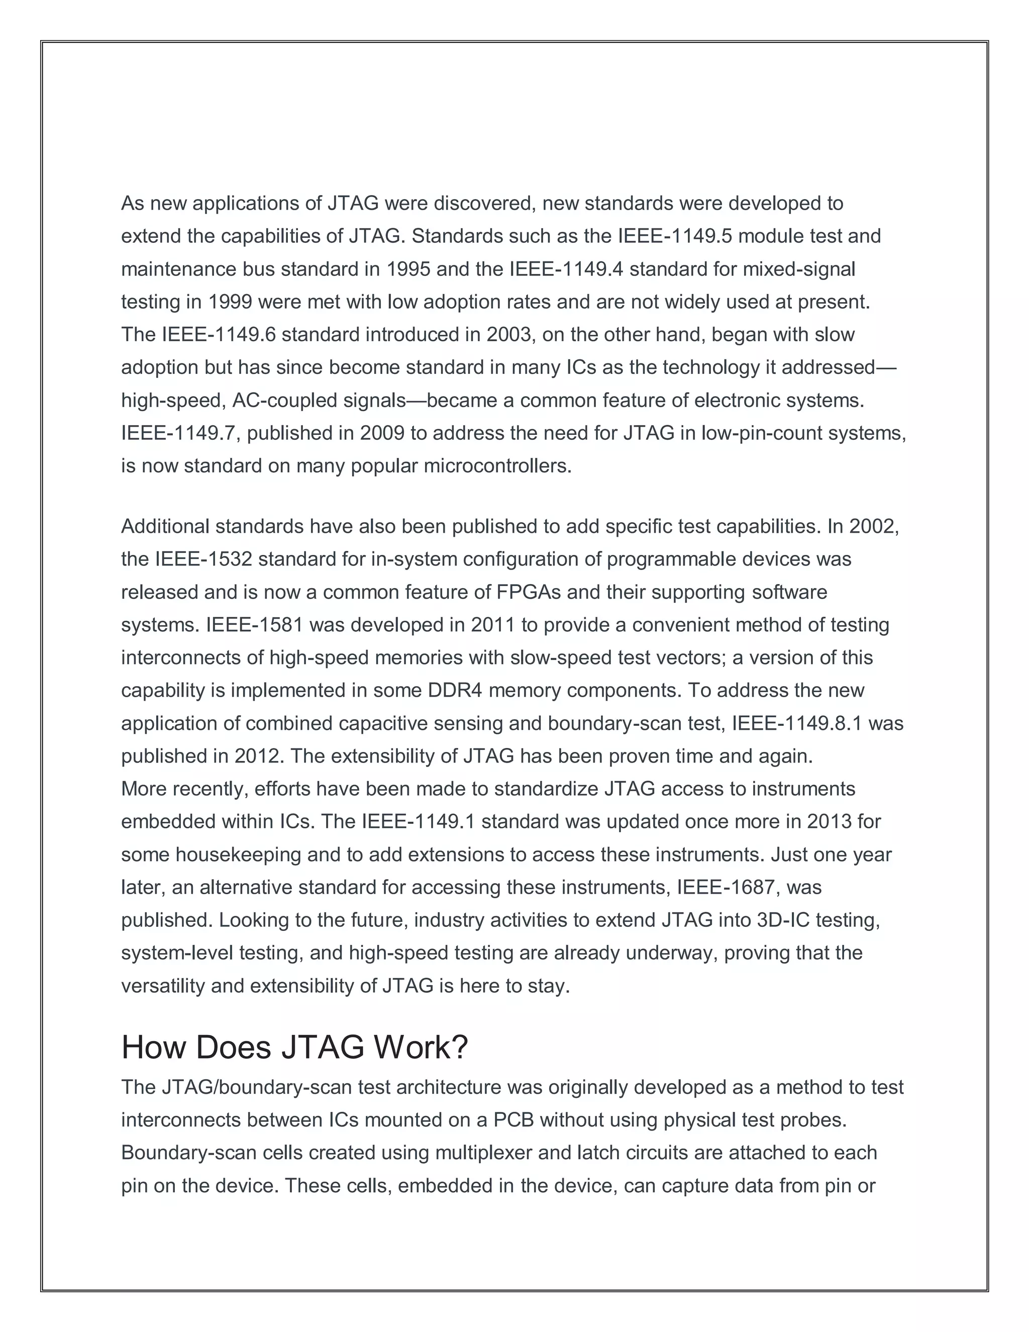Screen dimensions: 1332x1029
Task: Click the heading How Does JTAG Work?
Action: [x=294, y=1047]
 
